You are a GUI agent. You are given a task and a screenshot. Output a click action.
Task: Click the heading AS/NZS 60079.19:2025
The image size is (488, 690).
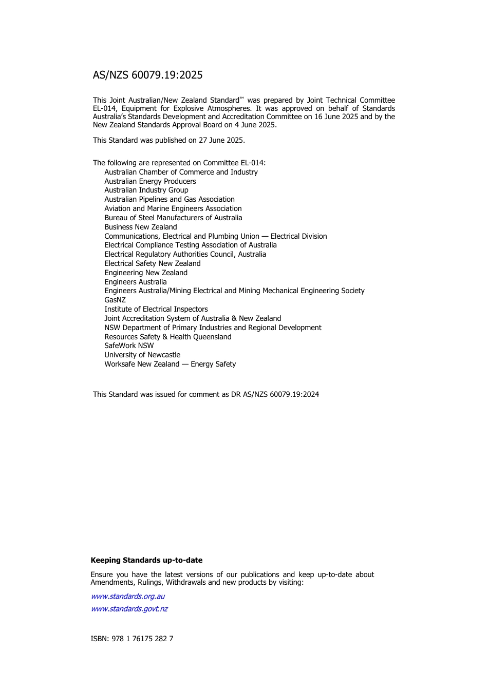147,75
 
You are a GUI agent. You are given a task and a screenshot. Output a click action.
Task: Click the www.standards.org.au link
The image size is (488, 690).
128,597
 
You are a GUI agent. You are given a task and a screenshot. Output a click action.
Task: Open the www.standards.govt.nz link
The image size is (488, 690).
129,609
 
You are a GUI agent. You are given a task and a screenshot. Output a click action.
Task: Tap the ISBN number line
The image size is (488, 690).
132,639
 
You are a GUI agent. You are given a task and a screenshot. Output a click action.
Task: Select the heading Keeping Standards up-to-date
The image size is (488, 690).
146,560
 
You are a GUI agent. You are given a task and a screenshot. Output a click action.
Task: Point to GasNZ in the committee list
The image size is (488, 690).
115,300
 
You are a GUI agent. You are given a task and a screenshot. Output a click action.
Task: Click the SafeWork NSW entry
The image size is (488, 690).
129,346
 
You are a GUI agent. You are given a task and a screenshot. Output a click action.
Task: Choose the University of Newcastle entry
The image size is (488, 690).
142,355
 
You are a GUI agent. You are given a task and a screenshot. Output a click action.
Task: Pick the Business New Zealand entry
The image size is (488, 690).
141,227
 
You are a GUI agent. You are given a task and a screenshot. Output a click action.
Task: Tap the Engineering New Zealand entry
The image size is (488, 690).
146,273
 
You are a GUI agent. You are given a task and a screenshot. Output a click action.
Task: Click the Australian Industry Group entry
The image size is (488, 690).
146,190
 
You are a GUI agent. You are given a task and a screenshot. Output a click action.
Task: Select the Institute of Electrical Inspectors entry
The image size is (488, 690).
156,309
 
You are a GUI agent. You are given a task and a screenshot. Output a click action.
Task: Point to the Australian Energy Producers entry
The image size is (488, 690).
150,181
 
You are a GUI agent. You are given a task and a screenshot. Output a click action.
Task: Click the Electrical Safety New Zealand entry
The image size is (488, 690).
153,263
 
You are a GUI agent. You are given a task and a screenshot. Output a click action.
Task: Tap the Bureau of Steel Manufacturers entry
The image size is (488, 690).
173,218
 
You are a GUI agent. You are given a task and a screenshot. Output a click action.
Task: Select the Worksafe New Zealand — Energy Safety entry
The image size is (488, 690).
170,364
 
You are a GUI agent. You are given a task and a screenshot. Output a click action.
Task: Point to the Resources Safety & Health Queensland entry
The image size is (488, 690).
168,337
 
